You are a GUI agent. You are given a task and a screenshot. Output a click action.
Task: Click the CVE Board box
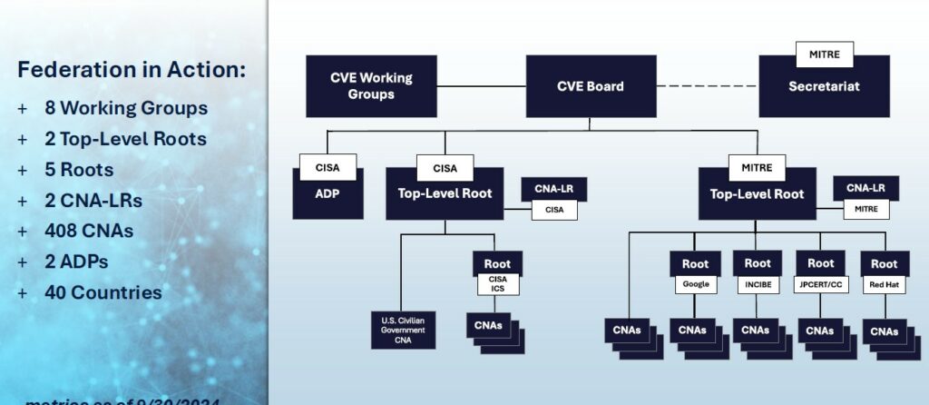point(591,86)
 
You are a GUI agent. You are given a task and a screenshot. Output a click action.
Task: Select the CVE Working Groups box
point(371,86)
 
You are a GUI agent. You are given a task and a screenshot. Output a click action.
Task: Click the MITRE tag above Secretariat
point(825,54)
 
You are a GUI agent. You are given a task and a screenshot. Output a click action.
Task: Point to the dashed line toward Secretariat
point(708,86)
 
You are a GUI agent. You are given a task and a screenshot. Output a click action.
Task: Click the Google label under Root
point(695,284)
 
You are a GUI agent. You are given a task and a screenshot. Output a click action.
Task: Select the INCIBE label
point(758,284)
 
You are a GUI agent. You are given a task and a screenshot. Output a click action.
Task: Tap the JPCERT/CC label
point(820,284)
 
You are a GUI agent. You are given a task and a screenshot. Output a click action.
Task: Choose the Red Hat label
point(884,284)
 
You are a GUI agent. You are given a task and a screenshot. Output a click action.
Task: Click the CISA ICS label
point(497,284)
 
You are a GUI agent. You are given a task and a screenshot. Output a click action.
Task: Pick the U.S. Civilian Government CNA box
point(404,330)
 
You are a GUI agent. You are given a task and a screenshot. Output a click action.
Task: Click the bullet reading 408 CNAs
point(88,231)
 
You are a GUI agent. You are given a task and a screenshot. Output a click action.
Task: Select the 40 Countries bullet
point(103,292)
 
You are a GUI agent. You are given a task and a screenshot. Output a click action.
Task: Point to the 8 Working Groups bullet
point(125,108)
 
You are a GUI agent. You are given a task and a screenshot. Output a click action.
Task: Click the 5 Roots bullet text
point(78,170)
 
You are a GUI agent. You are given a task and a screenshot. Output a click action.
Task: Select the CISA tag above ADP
point(328,167)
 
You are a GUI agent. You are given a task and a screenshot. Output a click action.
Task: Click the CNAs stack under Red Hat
point(884,331)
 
